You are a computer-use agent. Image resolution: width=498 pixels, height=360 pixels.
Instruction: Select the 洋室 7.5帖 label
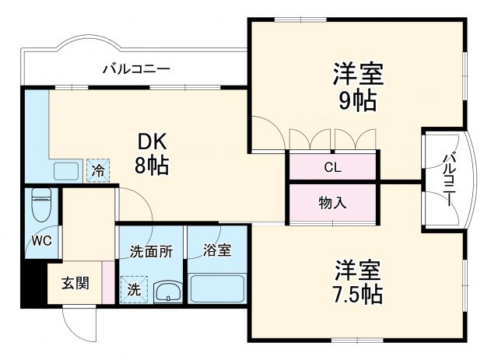tap(358, 282)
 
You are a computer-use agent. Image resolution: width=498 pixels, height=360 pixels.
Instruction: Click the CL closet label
tap(332, 166)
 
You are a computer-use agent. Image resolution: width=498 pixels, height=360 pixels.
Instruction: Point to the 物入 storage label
tap(332, 203)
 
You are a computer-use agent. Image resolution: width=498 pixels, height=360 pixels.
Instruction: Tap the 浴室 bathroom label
tap(217, 250)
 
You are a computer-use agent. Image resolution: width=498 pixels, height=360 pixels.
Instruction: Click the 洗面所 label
tap(151, 250)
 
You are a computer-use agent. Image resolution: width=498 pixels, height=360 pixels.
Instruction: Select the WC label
tap(41, 240)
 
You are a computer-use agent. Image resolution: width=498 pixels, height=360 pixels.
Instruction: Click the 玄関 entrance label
tap(75, 281)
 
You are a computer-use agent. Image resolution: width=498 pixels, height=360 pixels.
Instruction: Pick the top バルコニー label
tap(136, 69)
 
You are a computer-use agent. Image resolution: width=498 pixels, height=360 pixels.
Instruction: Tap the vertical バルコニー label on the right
tap(449, 179)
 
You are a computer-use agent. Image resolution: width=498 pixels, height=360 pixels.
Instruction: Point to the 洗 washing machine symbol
tap(134, 288)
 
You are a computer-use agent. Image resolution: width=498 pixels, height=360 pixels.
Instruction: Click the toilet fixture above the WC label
tap(41, 205)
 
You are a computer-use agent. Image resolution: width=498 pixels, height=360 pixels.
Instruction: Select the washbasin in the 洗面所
tap(167, 292)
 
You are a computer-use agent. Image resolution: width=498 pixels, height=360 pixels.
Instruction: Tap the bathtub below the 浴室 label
tap(217, 288)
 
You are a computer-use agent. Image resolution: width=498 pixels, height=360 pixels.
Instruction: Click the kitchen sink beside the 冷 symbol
tap(65, 170)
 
